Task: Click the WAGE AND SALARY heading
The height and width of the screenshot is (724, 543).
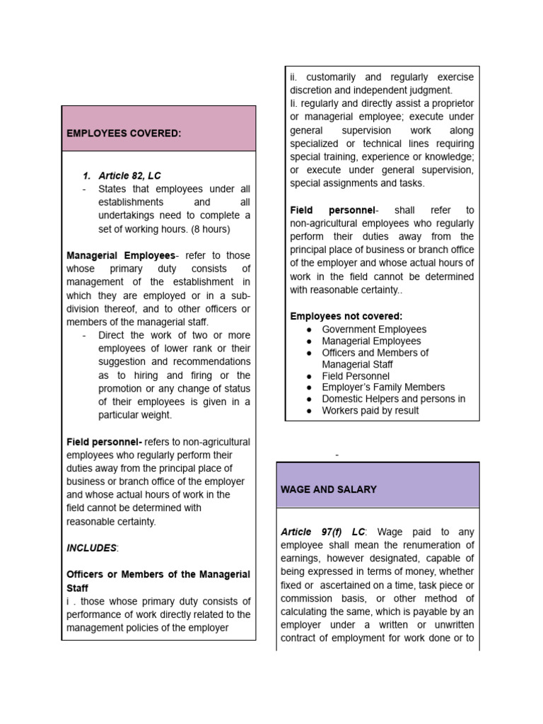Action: coord(329,489)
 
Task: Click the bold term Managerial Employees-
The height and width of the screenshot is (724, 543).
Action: coord(121,255)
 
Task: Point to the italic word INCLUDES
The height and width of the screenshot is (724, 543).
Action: coord(91,548)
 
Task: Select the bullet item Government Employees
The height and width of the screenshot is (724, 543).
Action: coord(374,329)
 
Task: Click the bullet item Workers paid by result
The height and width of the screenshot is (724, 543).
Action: coord(370,410)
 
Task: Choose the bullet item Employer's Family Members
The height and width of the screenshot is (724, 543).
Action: coord(383,387)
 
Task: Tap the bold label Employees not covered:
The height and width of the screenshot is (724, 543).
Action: coord(346,316)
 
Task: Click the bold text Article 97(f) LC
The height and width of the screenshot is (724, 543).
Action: coord(323,532)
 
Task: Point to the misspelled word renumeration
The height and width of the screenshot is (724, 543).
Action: coord(430,545)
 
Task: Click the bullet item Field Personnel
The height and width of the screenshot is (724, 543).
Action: coord(355,376)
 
